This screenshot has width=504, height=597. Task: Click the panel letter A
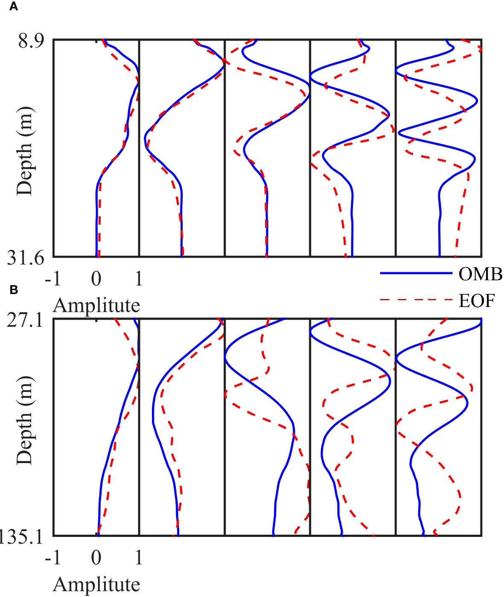(x=14, y=7)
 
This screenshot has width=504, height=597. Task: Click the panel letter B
(x=14, y=290)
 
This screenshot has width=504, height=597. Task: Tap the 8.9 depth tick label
(x=31, y=41)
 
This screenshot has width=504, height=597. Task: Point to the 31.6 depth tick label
(x=26, y=258)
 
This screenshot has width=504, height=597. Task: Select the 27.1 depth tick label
(x=25, y=320)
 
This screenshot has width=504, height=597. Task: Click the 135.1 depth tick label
(x=21, y=537)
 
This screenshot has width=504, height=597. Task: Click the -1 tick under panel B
(x=53, y=557)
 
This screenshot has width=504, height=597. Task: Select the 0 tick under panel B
(x=96, y=557)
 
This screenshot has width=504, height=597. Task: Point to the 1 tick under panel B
(x=139, y=557)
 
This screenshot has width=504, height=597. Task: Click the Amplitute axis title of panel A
(x=96, y=305)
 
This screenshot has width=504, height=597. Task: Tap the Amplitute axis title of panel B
(x=96, y=584)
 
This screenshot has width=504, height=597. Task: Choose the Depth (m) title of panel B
(x=24, y=420)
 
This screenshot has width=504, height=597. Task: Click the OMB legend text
(x=480, y=274)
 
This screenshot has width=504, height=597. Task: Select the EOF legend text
(x=477, y=301)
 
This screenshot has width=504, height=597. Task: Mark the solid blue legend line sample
(x=416, y=273)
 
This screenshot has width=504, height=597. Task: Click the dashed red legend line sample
(x=416, y=300)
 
